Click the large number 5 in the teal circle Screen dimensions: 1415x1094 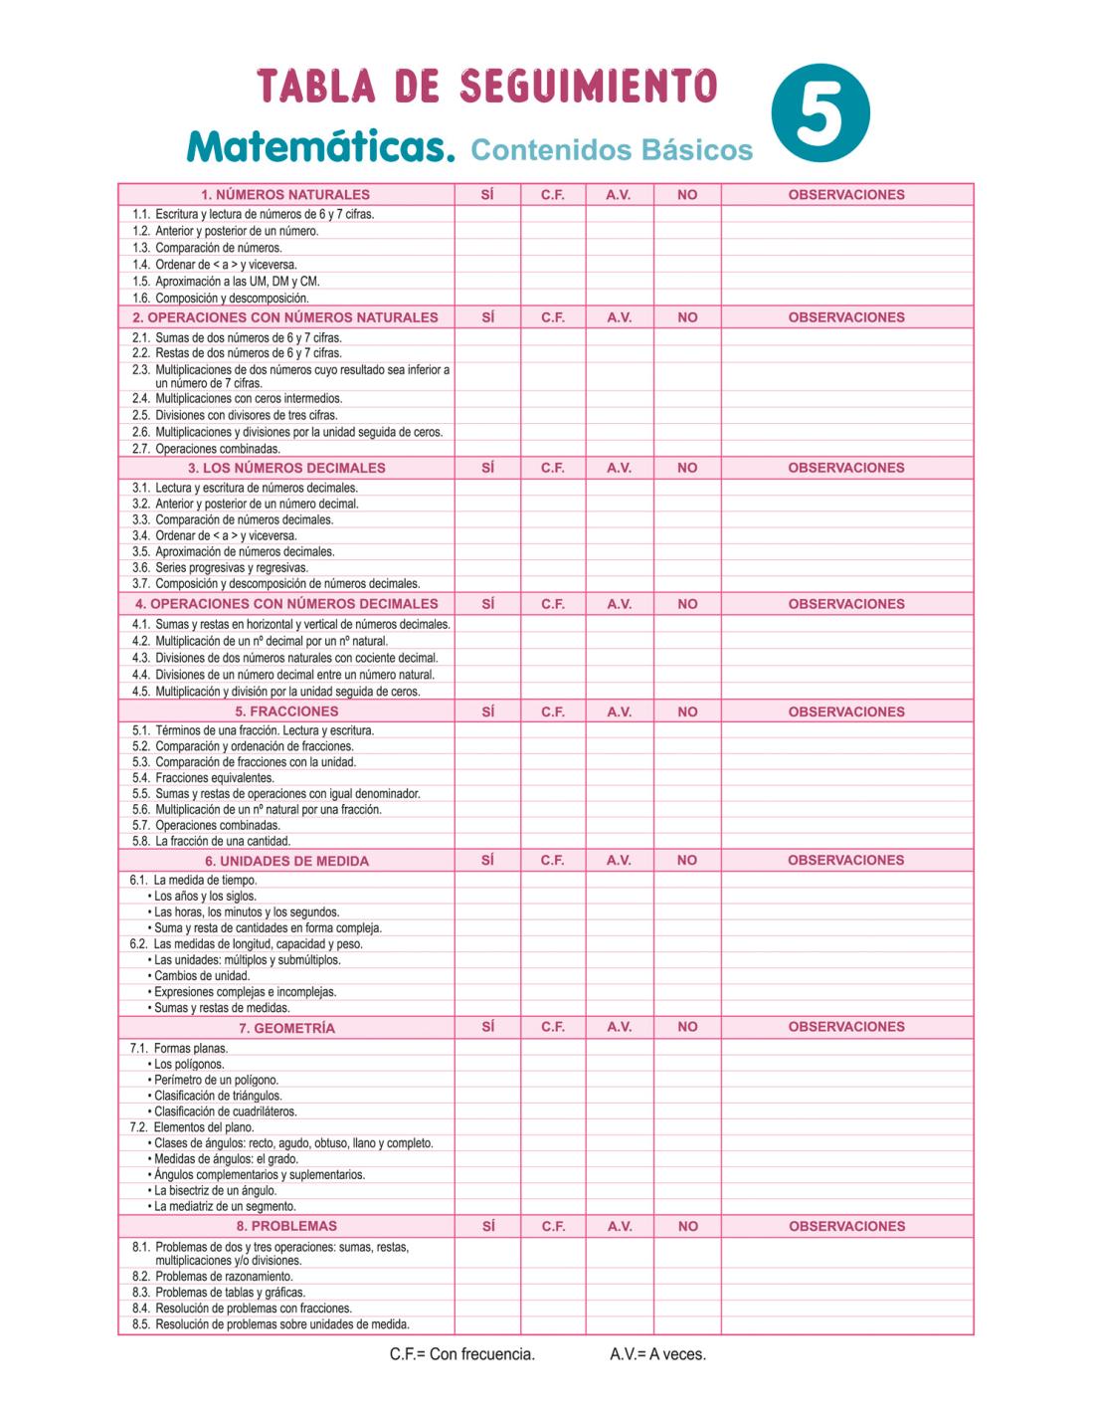[820, 113]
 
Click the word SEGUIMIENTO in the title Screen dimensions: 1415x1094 [589, 87]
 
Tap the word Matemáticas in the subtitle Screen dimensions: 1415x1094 [320, 147]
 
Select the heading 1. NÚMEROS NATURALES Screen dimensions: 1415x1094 [285, 195]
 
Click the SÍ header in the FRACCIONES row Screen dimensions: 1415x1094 [487, 711]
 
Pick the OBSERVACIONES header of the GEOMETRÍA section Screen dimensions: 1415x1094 [846, 1027]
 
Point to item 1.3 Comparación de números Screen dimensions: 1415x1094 [218, 248]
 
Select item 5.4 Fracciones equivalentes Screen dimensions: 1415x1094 [214, 778]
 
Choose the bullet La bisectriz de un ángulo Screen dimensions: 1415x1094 [215, 1191]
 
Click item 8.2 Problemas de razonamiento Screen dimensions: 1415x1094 [224, 1277]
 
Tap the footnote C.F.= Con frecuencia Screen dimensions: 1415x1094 [462, 1354]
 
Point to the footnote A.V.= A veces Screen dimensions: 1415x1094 [658, 1354]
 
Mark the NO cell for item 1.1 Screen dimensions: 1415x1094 [687, 214]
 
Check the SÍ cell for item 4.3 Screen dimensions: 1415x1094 [487, 658]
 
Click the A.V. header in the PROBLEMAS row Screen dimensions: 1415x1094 [620, 1227]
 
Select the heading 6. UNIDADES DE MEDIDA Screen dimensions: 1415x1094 [286, 861]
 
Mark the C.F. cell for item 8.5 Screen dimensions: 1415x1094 [553, 1324]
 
